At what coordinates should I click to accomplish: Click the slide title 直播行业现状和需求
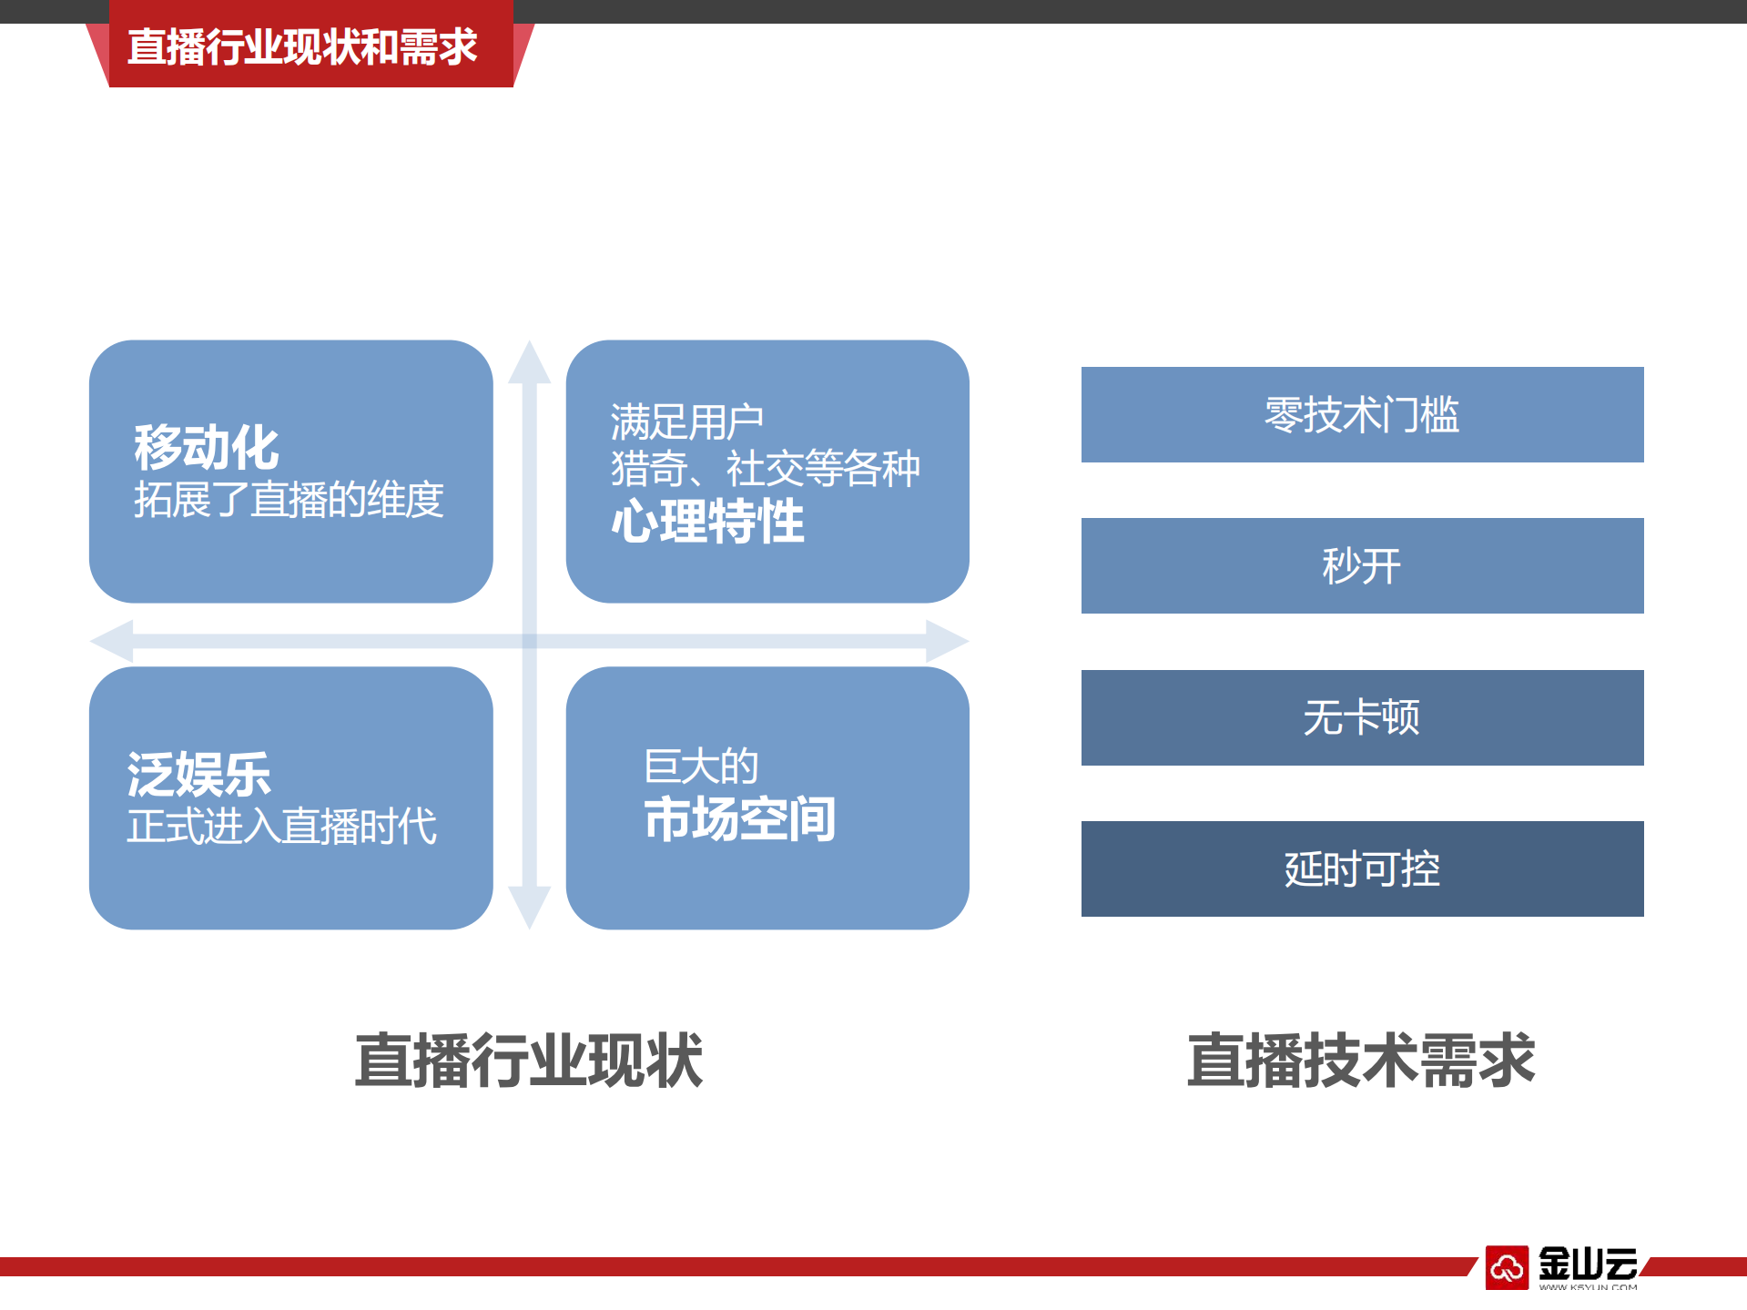(302, 47)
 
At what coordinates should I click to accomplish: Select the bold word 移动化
(207, 447)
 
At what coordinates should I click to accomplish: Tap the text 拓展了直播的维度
(289, 500)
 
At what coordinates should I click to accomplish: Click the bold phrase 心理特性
(707, 522)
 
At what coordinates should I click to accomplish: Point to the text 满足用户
(686, 421)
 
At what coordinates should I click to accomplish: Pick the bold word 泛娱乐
(199, 775)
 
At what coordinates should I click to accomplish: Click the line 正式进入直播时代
(281, 827)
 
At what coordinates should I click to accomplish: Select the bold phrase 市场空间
(739, 818)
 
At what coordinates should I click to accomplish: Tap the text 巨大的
(701, 767)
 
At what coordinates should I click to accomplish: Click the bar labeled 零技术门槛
(1362, 415)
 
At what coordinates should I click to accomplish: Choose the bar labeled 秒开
(1362, 566)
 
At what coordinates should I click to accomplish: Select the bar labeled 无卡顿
(1362, 718)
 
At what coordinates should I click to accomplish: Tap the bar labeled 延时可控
(1362, 869)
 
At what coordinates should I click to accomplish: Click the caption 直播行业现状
(529, 1061)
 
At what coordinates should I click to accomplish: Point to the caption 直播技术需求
(1361, 1061)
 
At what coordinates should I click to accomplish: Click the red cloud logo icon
(1507, 1267)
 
